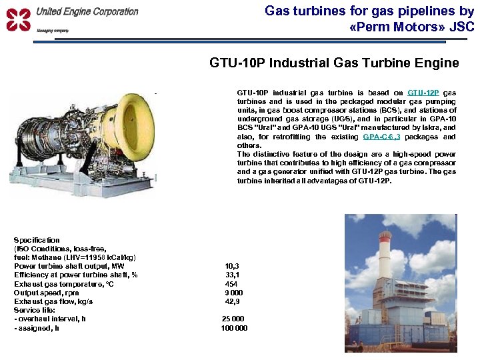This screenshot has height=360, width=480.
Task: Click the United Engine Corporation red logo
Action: point(19,19)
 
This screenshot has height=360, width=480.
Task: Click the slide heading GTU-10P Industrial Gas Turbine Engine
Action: point(334,63)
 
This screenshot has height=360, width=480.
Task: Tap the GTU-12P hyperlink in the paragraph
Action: point(423,93)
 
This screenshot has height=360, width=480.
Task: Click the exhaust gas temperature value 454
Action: point(231,283)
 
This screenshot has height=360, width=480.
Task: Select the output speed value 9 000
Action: point(234,292)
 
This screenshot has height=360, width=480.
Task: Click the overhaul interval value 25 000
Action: point(233,319)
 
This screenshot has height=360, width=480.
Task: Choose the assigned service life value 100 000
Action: point(233,327)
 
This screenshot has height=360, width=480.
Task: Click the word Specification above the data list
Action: point(37,240)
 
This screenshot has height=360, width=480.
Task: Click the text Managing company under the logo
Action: point(52,31)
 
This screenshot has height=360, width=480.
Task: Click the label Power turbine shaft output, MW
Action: point(69,266)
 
